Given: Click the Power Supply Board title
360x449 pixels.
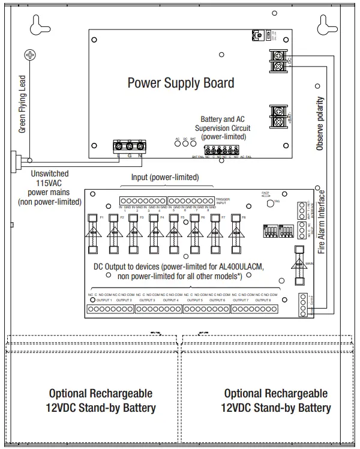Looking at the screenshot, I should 181,82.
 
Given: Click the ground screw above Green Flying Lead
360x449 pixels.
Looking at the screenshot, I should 29,55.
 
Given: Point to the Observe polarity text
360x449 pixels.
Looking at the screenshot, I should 319,123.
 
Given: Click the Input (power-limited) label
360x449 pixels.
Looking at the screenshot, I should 165,178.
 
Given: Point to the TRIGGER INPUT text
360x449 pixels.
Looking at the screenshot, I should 224,200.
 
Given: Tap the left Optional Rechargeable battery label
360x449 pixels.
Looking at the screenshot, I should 101,401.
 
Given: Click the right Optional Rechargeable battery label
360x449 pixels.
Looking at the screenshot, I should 276,400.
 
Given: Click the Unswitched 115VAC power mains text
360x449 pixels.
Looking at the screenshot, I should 55,187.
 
